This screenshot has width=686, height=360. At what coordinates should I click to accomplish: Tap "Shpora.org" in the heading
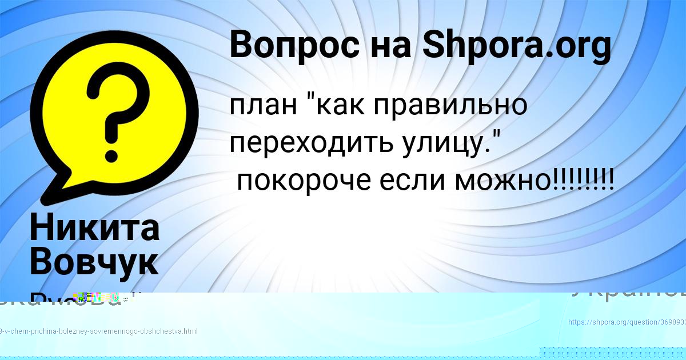[516, 45]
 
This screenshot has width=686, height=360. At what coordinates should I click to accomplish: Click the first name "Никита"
[94, 227]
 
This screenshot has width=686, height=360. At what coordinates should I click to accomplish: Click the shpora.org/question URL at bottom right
[627, 322]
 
